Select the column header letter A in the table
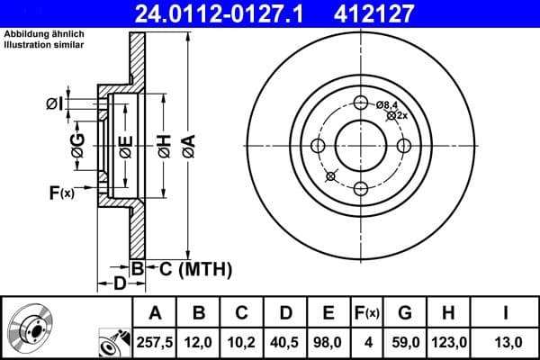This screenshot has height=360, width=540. [x=155, y=312]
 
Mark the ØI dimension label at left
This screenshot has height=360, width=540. [x=54, y=104]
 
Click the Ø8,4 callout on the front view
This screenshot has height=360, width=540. [x=388, y=105]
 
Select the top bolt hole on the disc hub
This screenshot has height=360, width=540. [x=362, y=103]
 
